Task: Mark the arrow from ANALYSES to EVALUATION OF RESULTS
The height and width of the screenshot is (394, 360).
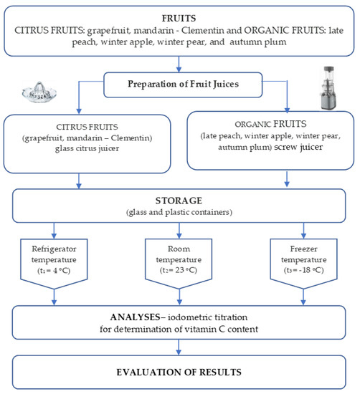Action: coord(179,347)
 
